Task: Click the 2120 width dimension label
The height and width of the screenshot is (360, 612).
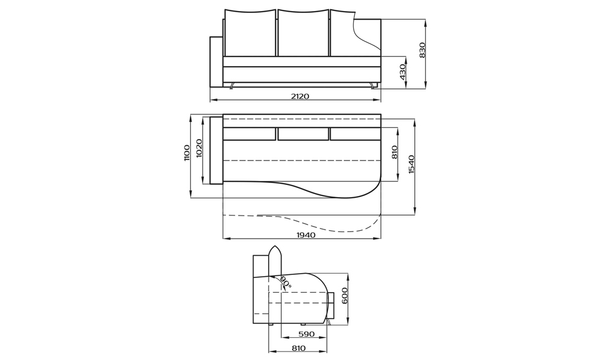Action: pos(300,96)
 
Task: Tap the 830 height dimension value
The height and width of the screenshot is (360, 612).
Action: pos(422,50)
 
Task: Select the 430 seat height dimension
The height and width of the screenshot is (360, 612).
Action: pos(403,72)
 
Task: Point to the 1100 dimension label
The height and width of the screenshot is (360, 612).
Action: pos(187,153)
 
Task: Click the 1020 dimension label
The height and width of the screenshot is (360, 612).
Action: pos(199,149)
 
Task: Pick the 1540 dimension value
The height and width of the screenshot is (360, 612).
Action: pos(412,164)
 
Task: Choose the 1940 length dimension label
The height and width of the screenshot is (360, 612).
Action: pos(305,235)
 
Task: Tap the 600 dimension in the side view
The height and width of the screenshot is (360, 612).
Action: pos(345,296)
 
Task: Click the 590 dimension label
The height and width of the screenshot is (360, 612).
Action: pos(305,334)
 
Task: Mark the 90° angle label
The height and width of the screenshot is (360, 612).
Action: pos(286,282)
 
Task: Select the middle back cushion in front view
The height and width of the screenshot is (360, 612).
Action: pos(303,33)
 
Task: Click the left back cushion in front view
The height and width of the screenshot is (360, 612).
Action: pos(250,33)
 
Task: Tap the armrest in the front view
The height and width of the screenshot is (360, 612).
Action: pos(216,61)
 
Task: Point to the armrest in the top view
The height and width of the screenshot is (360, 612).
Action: pos(216,150)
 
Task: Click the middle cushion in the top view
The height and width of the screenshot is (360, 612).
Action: pos(303,133)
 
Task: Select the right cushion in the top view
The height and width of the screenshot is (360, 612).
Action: pos(355,133)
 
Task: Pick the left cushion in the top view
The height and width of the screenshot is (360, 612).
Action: pos(249,133)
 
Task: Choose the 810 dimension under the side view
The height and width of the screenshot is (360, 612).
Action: pos(299,348)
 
